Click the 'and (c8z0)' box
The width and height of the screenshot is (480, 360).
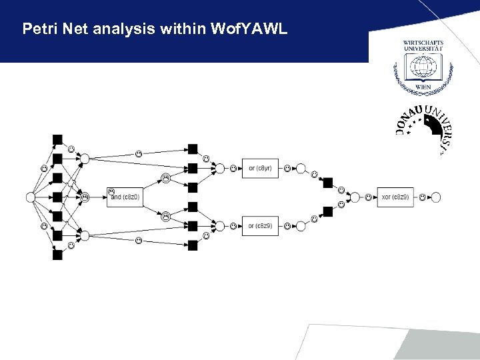(125, 197)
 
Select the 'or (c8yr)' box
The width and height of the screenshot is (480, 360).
(259, 168)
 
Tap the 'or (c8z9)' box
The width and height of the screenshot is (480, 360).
(259, 226)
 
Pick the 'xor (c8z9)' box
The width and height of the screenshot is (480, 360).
(395, 197)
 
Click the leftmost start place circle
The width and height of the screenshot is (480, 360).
(30, 197)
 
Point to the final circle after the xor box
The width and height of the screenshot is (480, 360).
(436, 197)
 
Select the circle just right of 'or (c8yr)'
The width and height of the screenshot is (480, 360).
(301, 168)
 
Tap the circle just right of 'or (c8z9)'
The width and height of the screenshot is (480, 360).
(301, 226)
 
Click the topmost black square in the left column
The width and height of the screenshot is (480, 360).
(57, 139)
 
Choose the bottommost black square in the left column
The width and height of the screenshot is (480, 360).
(57, 254)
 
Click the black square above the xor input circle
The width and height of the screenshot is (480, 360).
(327, 183)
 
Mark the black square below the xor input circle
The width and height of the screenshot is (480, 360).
(327, 211)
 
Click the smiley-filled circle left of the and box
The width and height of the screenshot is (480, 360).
(85, 197)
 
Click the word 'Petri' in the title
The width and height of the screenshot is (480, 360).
(38, 29)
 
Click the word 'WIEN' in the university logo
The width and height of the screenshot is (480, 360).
(423, 87)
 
